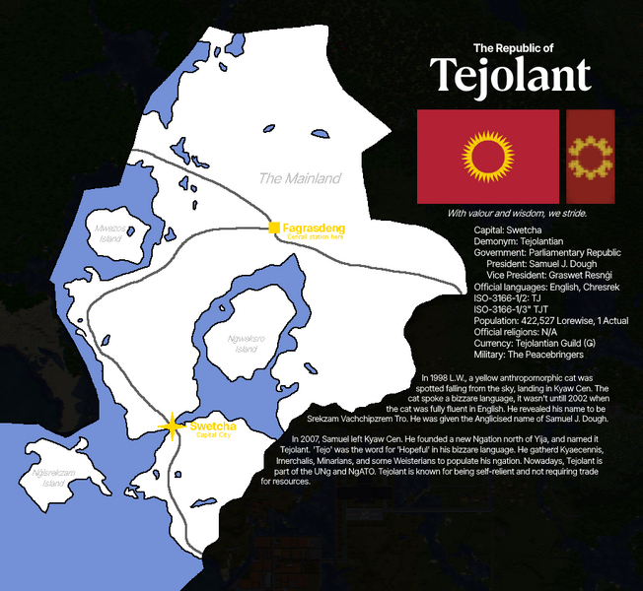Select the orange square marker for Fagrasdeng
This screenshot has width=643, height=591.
point(274,230)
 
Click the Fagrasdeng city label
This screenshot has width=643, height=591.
point(314,229)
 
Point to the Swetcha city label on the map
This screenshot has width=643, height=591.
point(212,426)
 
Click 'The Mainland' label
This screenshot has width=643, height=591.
point(299,178)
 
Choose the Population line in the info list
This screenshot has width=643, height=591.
point(550,320)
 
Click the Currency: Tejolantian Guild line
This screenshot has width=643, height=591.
point(539,343)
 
